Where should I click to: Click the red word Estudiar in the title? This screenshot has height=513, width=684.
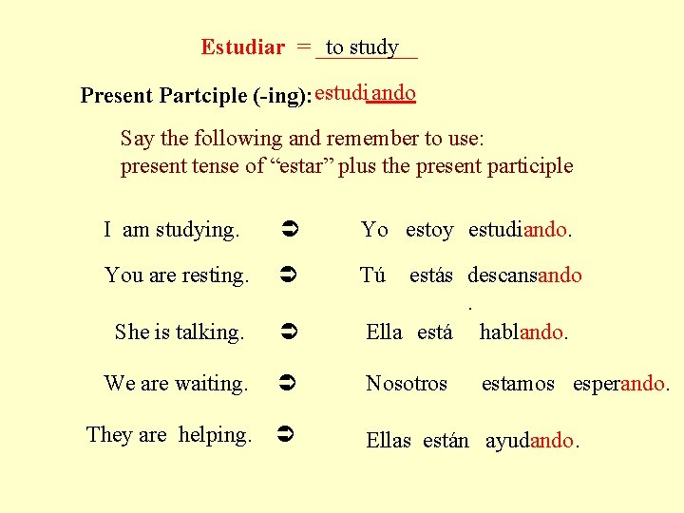click(242, 47)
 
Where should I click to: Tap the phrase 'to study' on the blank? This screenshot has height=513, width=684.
click(362, 47)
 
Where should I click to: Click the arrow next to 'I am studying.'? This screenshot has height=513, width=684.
click(291, 230)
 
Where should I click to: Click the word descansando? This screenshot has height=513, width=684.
click(524, 276)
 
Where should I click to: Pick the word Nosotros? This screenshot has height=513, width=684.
click(407, 385)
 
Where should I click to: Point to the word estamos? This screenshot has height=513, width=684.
click(518, 385)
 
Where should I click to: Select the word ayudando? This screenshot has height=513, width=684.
click(530, 442)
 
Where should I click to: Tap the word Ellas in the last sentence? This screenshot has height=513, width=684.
click(389, 442)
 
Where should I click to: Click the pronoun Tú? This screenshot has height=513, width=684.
click(372, 276)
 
